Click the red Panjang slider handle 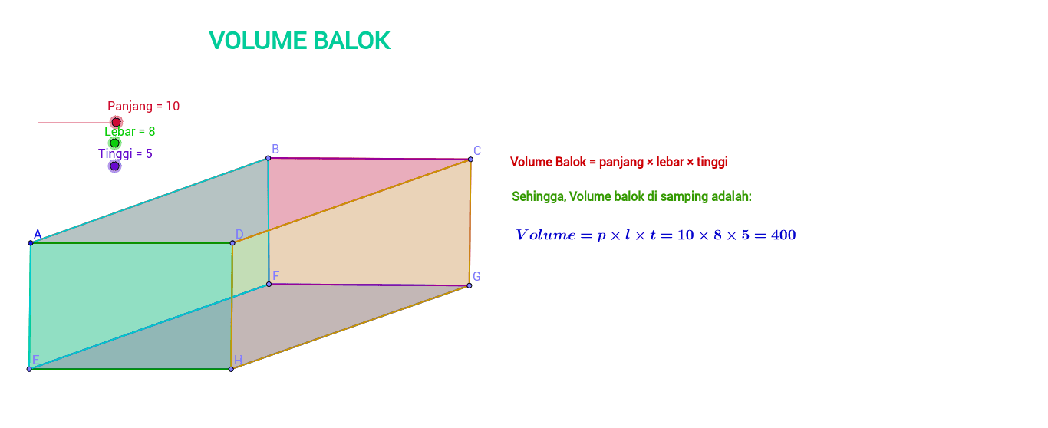coord(116,122)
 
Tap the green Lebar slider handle coord(114,143)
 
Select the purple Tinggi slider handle coord(114,166)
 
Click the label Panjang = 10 coord(143,106)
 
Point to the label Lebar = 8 coord(130,131)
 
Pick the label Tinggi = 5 coord(125,154)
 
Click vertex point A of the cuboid coord(31,243)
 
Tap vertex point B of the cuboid coord(268,158)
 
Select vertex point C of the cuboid coord(470,160)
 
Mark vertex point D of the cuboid coord(232,243)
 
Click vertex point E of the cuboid coord(29,369)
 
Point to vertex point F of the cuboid coord(269,284)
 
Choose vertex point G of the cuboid coord(470,285)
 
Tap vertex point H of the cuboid coord(231,369)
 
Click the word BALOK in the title coord(351,41)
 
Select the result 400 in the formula coord(783,235)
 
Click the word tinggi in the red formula coord(712,162)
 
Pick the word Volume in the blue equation coord(546,235)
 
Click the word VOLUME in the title coord(258,41)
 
